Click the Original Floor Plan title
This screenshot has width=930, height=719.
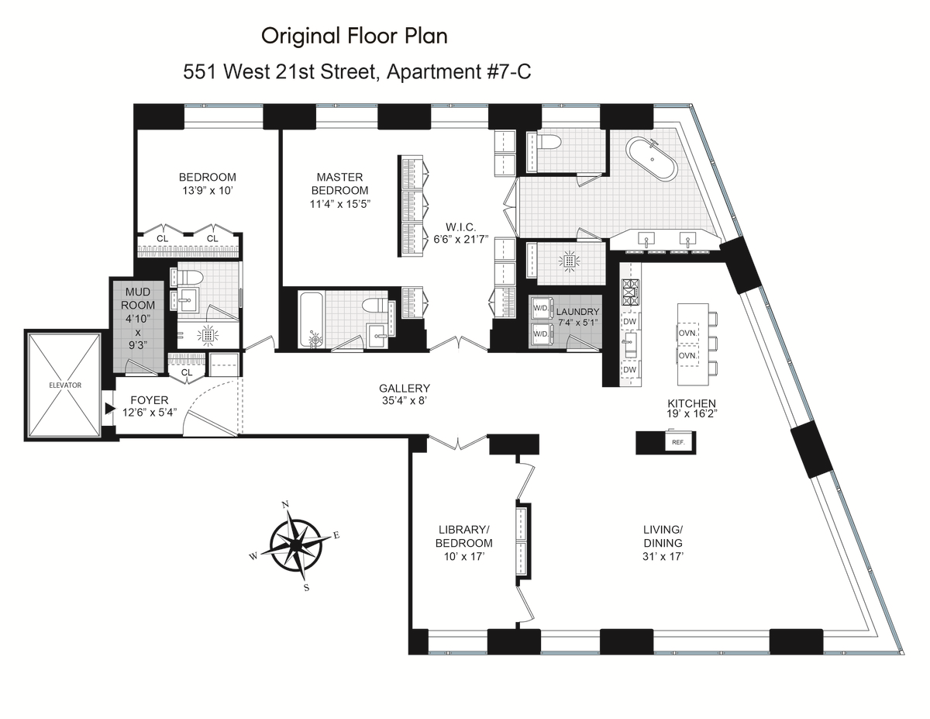pyautogui.click(x=354, y=36)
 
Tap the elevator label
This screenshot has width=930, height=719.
pyautogui.click(x=65, y=385)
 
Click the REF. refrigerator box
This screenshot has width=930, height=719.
pyautogui.click(x=680, y=442)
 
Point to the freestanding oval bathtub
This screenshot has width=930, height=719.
pyautogui.click(x=652, y=159)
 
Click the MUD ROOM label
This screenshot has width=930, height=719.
pyautogui.click(x=138, y=299)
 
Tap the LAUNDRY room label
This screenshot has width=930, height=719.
pyautogui.click(x=578, y=312)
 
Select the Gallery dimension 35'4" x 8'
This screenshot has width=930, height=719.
pyautogui.click(x=405, y=401)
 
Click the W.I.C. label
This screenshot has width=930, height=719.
pyautogui.click(x=460, y=226)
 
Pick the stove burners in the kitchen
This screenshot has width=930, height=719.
pyautogui.click(x=630, y=292)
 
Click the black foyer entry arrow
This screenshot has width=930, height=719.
pyautogui.click(x=110, y=409)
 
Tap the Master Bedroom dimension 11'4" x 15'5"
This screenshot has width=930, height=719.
pyautogui.click(x=340, y=204)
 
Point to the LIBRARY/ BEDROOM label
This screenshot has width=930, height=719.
pyautogui.click(x=464, y=536)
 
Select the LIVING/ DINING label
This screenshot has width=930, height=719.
pyautogui.click(x=663, y=536)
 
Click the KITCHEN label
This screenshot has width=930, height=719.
pyautogui.click(x=691, y=403)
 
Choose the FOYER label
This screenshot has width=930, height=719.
pyautogui.click(x=150, y=400)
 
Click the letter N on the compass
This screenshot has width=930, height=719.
pyautogui.click(x=285, y=504)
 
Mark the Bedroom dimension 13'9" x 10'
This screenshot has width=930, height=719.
pyautogui.click(x=208, y=191)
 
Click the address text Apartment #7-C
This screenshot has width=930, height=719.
pyautogui.click(x=459, y=71)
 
